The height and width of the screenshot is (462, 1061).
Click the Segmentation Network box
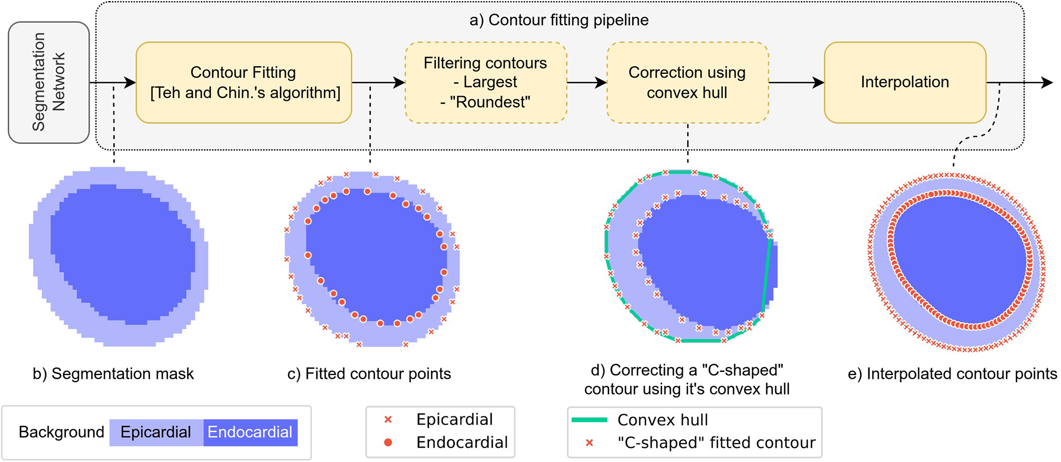(49, 83)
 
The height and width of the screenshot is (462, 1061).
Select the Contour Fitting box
(244, 83)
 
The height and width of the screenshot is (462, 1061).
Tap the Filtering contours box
(486, 83)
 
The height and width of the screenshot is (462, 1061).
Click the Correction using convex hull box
(687, 83)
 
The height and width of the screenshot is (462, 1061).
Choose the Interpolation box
(905, 83)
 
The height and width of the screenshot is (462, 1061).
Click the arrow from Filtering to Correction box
(587, 83)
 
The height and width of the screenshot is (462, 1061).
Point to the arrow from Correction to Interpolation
(796, 83)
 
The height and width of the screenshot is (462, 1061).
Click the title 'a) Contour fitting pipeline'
(559, 20)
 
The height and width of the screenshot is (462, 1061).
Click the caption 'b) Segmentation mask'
(113, 374)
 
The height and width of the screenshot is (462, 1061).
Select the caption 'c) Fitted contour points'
(369, 374)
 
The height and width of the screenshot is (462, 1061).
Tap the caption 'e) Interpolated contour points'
(952, 374)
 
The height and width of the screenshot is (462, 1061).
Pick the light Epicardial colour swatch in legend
(156, 432)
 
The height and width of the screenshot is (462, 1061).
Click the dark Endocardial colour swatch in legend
(250, 432)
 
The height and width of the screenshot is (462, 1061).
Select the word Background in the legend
(61, 432)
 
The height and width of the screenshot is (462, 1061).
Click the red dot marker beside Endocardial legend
(388, 442)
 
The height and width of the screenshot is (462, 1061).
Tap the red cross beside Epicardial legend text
(388, 420)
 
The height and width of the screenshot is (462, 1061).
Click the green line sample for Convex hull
(589, 420)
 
